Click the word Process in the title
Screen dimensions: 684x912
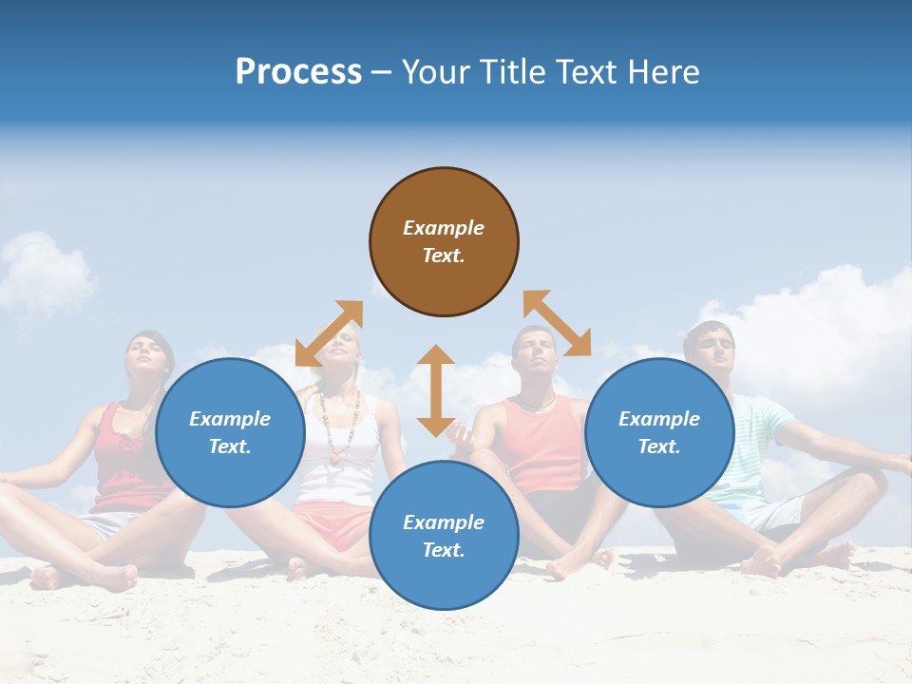pyautogui.click(x=298, y=72)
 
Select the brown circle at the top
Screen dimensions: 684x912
pyautogui.click(x=444, y=241)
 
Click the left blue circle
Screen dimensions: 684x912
pyautogui.click(x=230, y=432)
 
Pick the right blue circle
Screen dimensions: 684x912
pyautogui.click(x=659, y=432)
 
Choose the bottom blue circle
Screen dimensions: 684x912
pyautogui.click(x=444, y=536)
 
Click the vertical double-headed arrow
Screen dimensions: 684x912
pyautogui.click(x=436, y=390)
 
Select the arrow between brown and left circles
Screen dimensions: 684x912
pyautogui.click(x=329, y=332)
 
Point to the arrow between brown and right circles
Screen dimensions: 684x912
pyautogui.click(x=558, y=323)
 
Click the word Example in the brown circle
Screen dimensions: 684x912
pyautogui.click(x=444, y=228)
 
